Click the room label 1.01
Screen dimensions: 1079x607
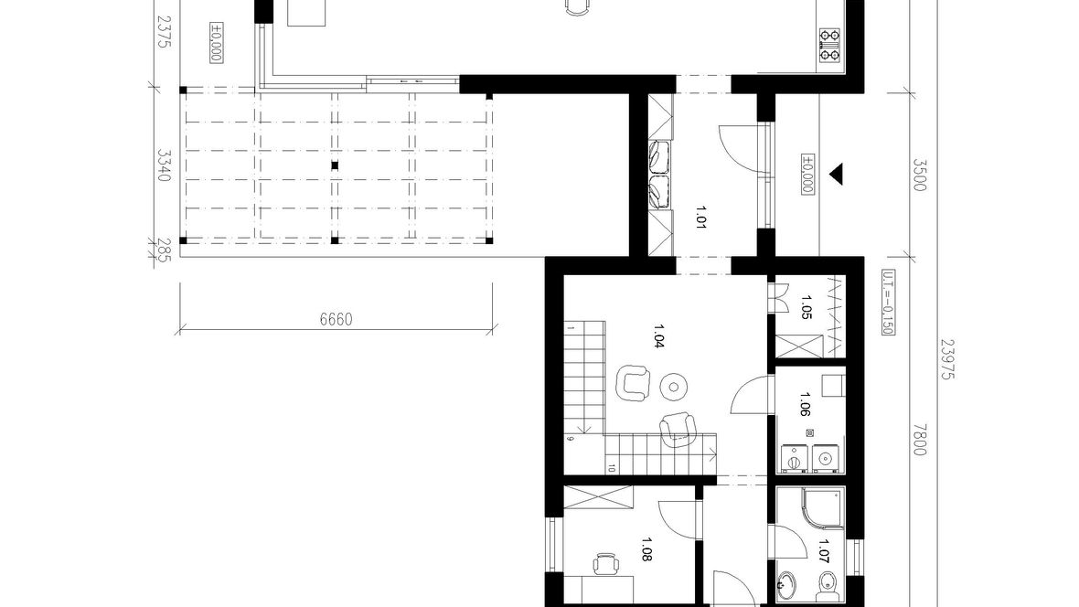(701, 217)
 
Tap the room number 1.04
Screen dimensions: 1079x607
(657, 336)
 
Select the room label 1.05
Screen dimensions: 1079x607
(807, 307)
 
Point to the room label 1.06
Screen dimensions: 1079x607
(805, 405)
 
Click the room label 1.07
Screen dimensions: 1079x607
(824, 551)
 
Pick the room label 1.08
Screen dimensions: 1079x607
(646, 550)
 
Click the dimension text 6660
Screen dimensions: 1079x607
(336, 319)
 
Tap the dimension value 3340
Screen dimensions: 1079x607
(163, 165)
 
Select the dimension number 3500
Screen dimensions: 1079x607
(920, 175)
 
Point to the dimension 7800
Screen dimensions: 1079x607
(920, 439)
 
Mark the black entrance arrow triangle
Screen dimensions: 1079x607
(836, 174)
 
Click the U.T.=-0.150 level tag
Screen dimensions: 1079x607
(888, 302)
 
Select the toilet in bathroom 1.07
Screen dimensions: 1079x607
(827, 586)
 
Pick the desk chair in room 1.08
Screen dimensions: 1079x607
(605, 564)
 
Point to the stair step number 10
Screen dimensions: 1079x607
(612, 469)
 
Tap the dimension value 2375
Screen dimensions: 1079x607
(163, 32)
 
